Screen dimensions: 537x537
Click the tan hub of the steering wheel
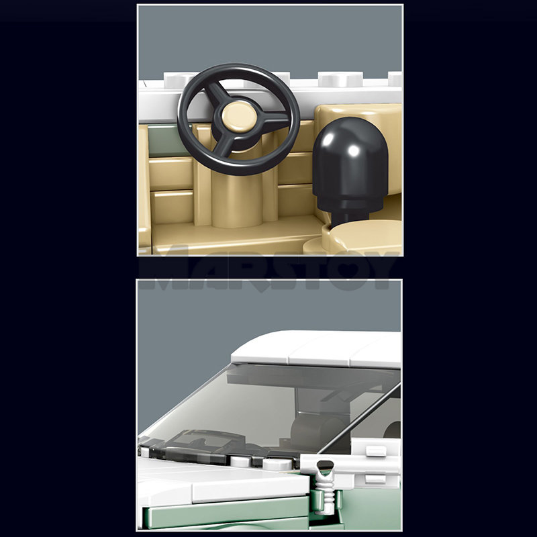239,117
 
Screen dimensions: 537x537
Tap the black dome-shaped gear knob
350,164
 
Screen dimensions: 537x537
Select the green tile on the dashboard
166,140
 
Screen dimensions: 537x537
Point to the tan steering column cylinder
237,195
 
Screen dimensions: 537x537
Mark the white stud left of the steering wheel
177,81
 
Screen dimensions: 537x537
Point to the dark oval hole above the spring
325,465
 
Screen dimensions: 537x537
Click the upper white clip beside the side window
376,450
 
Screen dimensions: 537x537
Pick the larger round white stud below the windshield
277,464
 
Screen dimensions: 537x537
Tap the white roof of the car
315,348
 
